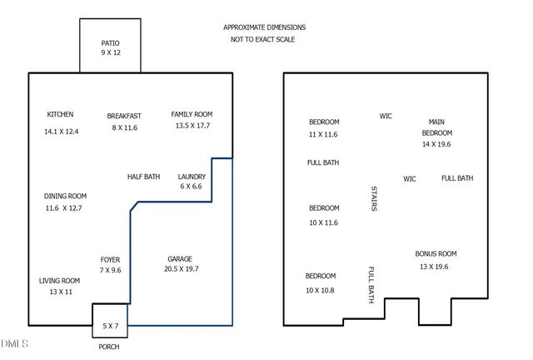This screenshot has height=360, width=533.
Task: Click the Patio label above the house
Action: coord(111,42)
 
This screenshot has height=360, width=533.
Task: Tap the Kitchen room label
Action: coord(60,114)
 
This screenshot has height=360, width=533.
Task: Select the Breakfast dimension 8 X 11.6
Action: coord(125,128)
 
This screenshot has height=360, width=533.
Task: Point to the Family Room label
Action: coord(192,114)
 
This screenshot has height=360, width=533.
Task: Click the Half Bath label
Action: coord(143,177)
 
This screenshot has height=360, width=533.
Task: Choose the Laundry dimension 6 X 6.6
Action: coord(191,187)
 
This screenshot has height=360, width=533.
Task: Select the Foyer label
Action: coord(110,259)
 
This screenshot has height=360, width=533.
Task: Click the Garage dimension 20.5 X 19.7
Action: coord(181,269)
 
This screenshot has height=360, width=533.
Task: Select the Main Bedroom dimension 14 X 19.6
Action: coord(436,144)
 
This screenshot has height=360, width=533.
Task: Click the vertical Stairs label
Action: coord(373,198)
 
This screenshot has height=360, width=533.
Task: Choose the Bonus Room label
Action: coord(436,253)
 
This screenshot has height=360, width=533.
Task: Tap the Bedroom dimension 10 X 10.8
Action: coord(320,289)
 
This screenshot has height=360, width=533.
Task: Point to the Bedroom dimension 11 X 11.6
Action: coord(323,133)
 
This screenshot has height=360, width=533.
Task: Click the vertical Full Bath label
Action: coord(371,284)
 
